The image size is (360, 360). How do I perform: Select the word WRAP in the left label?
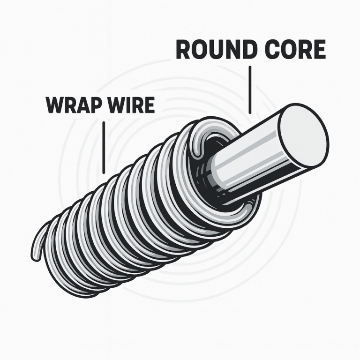pos(72,105)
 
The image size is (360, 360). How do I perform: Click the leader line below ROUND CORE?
pos(250,89)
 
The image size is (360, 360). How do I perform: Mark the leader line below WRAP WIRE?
pos(103,145)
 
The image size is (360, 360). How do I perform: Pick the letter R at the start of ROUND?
pos(184,50)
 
